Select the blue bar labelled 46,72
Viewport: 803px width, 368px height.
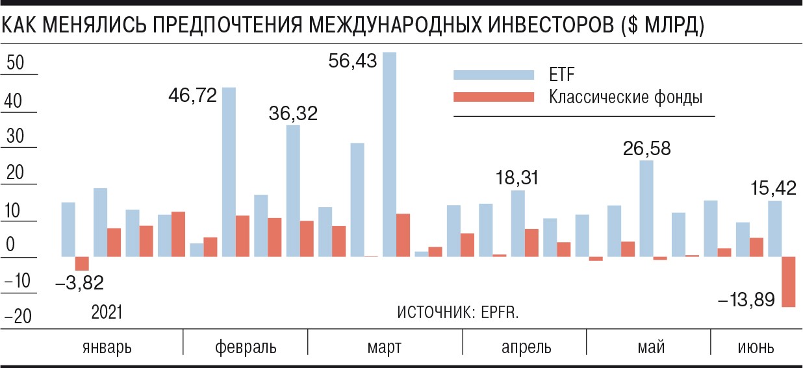point(229,172)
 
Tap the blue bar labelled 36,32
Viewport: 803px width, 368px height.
point(293,191)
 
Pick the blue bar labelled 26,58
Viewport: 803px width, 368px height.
point(646,208)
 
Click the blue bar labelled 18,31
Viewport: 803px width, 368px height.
point(518,223)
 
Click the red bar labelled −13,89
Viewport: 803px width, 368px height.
point(789,282)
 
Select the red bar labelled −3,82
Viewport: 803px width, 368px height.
point(82,263)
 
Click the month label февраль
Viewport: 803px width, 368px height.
point(246,347)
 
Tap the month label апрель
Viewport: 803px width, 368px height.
point(526,347)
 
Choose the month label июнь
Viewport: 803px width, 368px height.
point(756,347)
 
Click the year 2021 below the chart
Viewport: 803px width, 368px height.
point(107,312)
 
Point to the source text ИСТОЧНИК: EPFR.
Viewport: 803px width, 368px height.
point(458,312)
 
